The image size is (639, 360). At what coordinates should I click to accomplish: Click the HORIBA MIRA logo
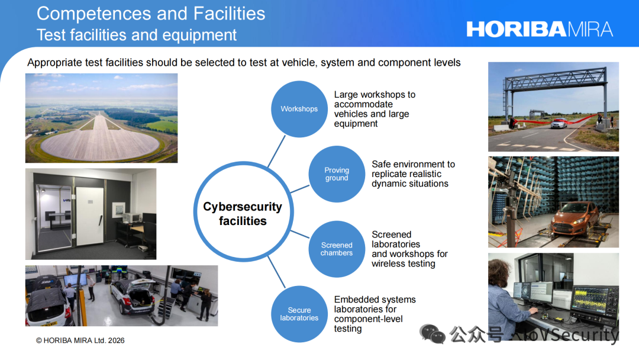click(540, 30)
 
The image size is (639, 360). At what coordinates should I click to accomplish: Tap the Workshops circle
click(299, 109)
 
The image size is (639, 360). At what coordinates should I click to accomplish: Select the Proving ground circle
click(337, 174)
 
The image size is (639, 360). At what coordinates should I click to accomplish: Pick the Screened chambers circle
click(337, 249)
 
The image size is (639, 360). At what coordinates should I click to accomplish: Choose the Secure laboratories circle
click(299, 314)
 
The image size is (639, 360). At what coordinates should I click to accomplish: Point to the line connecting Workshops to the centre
click(276, 152)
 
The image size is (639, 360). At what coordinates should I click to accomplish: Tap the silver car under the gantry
click(559, 123)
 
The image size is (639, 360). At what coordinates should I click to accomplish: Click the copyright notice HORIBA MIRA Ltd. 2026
click(80, 340)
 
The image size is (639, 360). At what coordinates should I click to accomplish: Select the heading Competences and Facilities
click(151, 14)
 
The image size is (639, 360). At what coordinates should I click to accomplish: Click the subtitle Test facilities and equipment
click(137, 35)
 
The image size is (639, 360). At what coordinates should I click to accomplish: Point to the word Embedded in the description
click(355, 300)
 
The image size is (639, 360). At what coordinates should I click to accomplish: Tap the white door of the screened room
click(90, 216)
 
